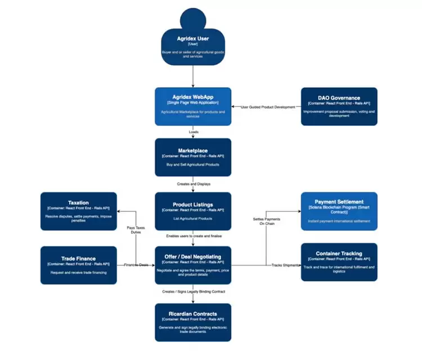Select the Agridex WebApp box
(193, 106)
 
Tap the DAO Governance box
(339, 106)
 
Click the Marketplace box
(193, 157)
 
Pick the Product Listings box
(193, 211)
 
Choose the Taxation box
(79, 211)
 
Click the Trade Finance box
(79, 265)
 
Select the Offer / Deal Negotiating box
(193, 265)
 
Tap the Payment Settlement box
(339, 211)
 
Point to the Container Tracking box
(339, 262)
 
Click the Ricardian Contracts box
(193, 322)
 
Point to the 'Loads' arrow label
(193, 132)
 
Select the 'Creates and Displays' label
(193, 184)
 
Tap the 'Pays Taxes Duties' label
(136, 229)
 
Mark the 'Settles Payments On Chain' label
(266, 221)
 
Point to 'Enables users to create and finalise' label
(193, 236)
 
